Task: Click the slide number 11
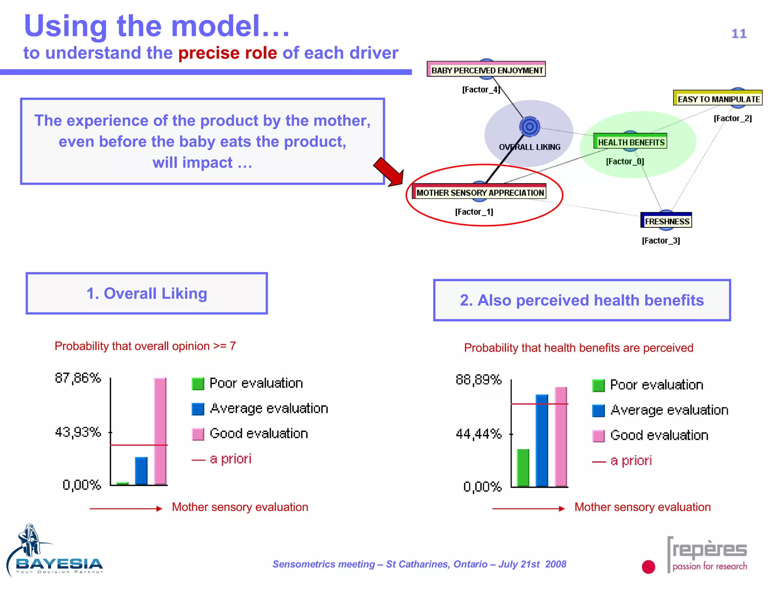[x=739, y=34]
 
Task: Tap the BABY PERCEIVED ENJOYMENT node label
[x=486, y=70]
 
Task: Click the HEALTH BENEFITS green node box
[x=630, y=142]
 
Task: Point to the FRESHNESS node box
[x=666, y=221]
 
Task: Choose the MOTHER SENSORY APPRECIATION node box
[x=479, y=192]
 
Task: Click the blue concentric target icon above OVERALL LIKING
[x=529, y=126]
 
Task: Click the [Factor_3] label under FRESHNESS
[x=661, y=241]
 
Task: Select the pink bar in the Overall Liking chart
[x=160, y=431]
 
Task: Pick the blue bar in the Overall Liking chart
[x=141, y=471]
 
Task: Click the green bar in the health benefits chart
[x=523, y=468]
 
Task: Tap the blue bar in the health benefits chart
[x=542, y=441]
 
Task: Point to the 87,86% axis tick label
[x=78, y=378]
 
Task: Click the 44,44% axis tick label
[x=478, y=434]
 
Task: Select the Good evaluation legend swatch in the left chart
[x=198, y=434]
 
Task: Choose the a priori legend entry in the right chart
[x=623, y=461]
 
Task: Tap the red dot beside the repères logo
[x=648, y=567]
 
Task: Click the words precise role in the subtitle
[x=228, y=53]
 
